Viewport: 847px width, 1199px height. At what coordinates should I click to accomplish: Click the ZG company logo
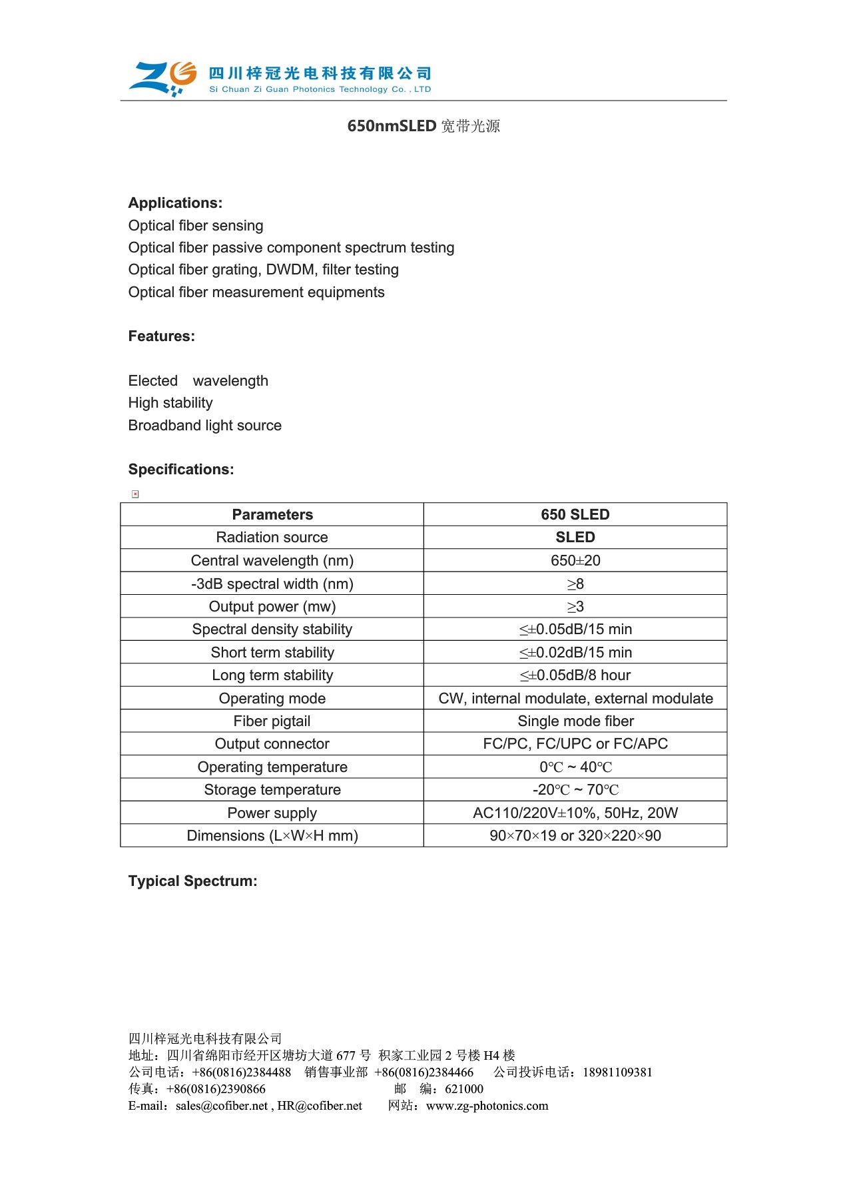163,78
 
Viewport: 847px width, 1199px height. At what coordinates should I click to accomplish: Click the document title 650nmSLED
392,126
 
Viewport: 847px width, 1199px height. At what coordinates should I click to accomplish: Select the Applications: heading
175,203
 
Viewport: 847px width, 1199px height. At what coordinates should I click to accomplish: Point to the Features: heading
162,336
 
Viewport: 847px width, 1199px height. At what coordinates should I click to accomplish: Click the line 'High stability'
170,403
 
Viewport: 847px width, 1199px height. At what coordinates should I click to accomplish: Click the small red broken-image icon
135,494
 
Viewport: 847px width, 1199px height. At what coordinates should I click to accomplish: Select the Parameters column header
272,515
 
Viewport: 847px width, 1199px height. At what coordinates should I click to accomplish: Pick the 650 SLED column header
575,515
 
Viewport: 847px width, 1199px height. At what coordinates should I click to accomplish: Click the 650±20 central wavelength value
575,561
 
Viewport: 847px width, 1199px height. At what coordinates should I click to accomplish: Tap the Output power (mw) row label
272,607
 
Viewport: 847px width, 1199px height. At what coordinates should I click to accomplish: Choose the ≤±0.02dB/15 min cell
575,653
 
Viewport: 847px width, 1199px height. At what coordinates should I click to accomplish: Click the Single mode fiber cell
575,721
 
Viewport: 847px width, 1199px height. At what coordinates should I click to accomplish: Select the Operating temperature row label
272,767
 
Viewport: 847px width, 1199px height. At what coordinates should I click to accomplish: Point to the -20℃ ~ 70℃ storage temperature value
575,790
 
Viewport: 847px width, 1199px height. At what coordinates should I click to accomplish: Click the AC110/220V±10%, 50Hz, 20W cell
575,813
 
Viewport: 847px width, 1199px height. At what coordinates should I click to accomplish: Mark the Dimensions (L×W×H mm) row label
272,836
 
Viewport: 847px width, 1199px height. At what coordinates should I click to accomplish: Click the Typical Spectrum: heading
192,881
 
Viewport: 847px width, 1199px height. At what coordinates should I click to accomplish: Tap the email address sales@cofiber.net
222,1106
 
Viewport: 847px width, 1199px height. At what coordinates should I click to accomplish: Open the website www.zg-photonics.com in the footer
487,1106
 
